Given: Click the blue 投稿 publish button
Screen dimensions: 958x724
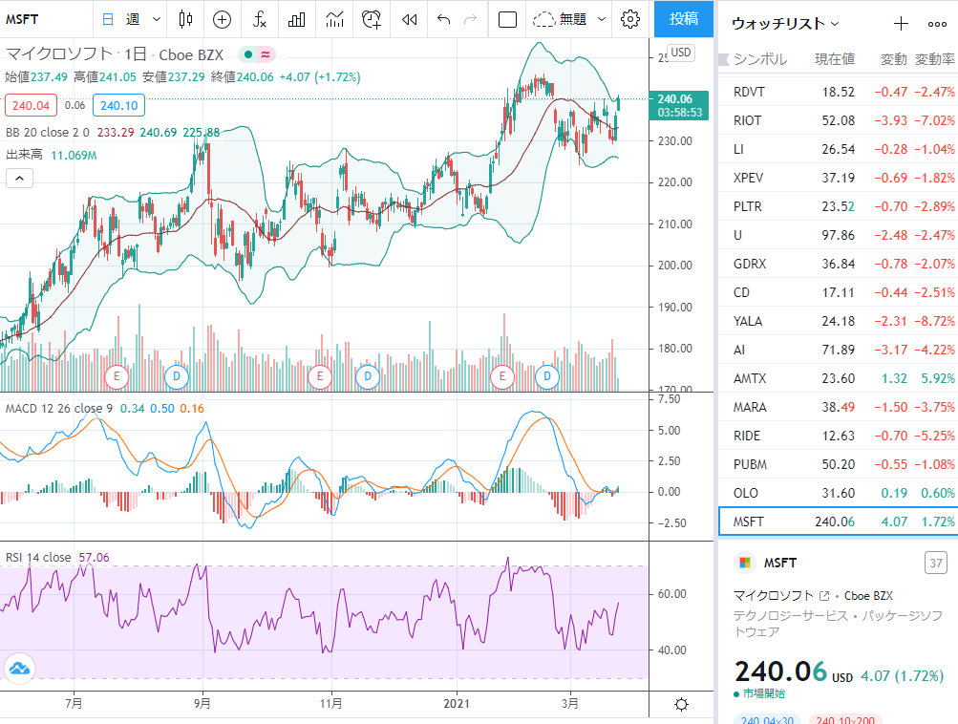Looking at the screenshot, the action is [683, 19].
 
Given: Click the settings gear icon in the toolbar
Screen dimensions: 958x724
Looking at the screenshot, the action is [629, 19].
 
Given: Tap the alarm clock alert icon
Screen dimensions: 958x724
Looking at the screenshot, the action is [372, 19].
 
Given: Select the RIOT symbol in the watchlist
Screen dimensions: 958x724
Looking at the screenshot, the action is [747, 120].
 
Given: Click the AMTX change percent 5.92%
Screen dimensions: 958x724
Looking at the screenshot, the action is [938, 378].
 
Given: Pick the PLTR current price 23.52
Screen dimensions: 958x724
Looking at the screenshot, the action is [839, 206].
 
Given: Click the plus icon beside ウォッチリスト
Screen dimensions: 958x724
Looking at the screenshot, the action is [901, 24].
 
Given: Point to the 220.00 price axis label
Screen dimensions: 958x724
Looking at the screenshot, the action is [675, 182].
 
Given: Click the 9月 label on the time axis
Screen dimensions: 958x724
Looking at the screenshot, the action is [202, 703].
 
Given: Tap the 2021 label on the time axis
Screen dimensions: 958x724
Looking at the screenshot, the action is [457, 703].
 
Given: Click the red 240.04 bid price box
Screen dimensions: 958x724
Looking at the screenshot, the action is [31, 105].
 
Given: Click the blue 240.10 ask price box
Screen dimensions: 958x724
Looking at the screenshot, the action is [118, 105].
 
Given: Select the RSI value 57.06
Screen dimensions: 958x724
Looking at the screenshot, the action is [95, 557].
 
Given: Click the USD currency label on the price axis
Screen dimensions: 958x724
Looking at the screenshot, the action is [681, 53].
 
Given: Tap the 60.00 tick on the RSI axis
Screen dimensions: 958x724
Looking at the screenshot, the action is [672, 594].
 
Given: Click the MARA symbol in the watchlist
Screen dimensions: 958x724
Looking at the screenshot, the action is [750, 407].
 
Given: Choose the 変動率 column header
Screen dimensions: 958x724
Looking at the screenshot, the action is [935, 59].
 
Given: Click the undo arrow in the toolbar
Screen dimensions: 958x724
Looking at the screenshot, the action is [443, 19].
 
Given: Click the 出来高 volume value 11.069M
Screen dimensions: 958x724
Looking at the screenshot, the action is [74, 155].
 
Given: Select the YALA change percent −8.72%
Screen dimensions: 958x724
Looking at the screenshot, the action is [935, 321].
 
